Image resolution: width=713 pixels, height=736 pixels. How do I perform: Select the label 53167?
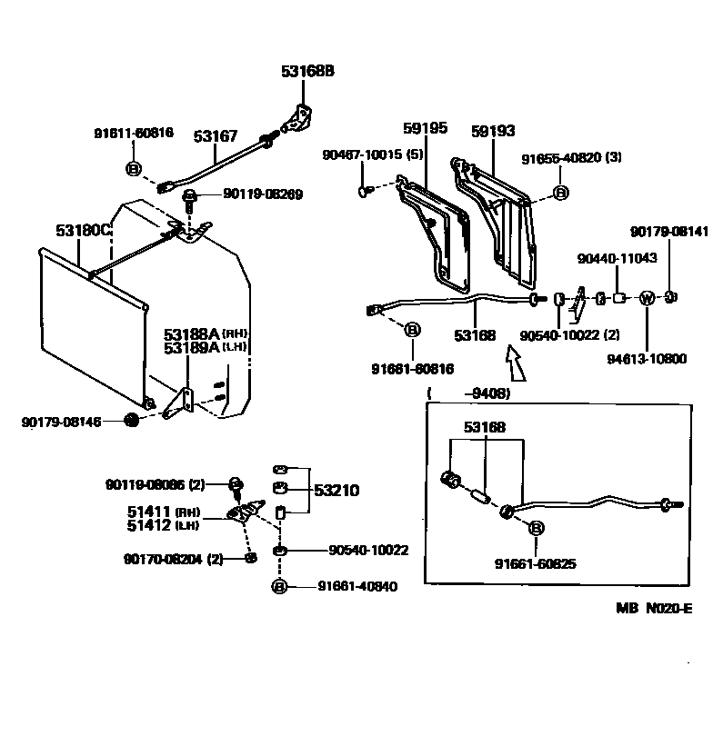coord(215,136)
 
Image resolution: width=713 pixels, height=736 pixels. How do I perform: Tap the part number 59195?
coord(424,129)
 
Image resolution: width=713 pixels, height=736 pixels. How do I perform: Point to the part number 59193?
coord(493,130)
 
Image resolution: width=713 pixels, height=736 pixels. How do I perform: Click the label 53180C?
coord(83,231)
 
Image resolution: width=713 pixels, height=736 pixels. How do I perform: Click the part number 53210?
coord(336,491)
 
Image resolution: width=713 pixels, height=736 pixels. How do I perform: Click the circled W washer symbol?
coord(648,297)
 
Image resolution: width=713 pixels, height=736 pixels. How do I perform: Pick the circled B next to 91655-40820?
coord(561,193)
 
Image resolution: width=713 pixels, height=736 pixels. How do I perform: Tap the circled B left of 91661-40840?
coord(279,587)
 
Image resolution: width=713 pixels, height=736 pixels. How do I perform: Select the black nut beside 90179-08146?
coord(131,421)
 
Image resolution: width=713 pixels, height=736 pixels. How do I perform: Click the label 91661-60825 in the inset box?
coord(536,563)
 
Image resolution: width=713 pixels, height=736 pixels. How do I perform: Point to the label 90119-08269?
coord(263,194)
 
